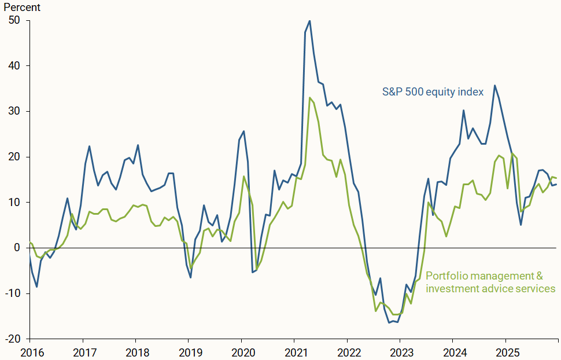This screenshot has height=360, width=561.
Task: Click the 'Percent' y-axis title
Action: pos(23,8)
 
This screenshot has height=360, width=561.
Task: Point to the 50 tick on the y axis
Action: pos(14,20)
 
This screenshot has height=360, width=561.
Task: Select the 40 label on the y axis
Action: pos(14,66)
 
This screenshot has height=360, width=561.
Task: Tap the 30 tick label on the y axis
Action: pos(14,111)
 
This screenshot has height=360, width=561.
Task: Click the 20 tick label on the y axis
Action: pos(14,157)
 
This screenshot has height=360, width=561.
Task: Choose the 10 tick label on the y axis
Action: pos(14,202)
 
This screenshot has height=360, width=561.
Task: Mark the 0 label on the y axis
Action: pos(17,248)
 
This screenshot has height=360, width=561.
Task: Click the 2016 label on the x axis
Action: pos(29,351)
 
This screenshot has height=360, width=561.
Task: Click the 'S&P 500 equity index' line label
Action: pos(433,91)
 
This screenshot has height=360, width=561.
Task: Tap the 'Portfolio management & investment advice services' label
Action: pos(490,282)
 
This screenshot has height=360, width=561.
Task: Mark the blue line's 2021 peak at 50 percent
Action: pos(309,21)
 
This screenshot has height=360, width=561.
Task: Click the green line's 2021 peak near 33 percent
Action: pos(309,98)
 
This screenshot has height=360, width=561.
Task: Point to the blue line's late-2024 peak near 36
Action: pos(494,86)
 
